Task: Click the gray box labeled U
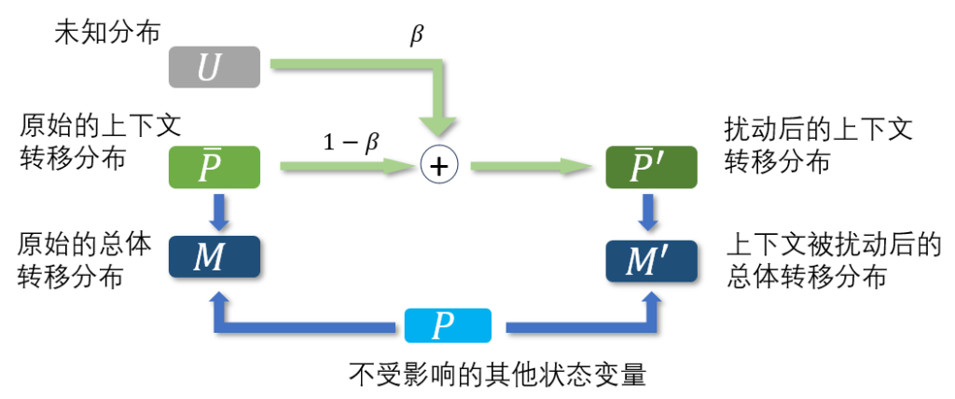pyautogui.click(x=214, y=68)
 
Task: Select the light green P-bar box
pyautogui.click(x=214, y=169)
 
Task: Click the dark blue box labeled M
pyautogui.click(x=214, y=258)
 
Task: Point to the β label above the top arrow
pyautogui.click(x=416, y=35)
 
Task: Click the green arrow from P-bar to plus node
pyautogui.click(x=345, y=167)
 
